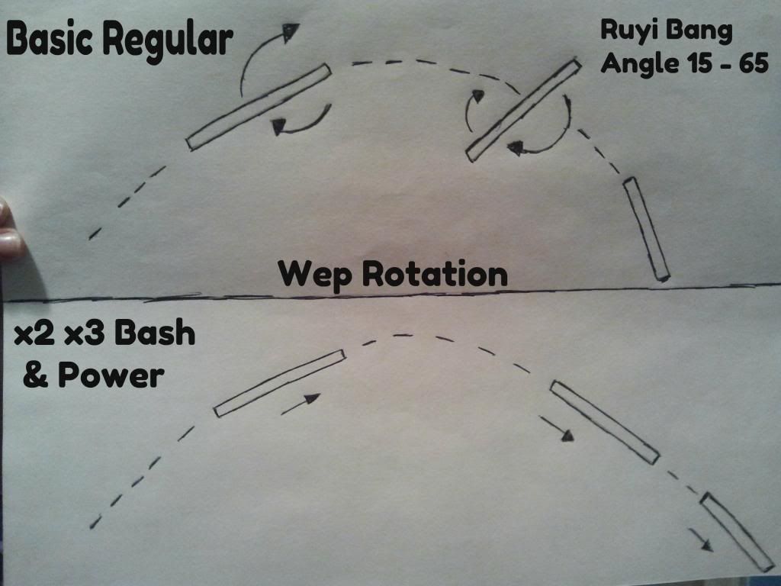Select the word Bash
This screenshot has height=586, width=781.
coord(155,332)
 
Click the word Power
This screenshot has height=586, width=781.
coord(111,375)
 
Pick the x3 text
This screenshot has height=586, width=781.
coord(85,333)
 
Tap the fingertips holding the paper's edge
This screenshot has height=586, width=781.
coord(10,229)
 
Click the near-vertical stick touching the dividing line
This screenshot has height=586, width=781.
coord(647,229)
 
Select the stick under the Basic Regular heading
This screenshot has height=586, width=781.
coord(259,107)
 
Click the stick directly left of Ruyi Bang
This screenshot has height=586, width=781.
coord(523,111)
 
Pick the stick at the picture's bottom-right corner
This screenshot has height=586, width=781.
coord(738,532)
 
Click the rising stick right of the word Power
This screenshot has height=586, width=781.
coord(279,383)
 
